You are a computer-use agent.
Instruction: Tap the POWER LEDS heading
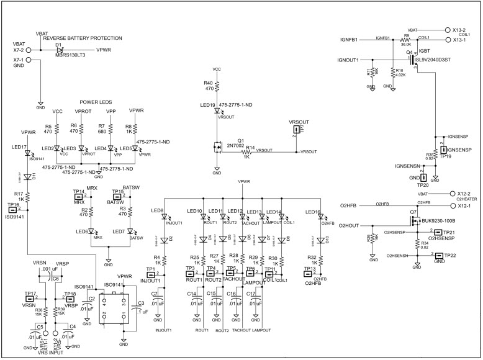tap(95, 102)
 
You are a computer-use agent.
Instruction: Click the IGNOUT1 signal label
tap(348, 60)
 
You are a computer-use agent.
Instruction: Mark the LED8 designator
tap(158, 211)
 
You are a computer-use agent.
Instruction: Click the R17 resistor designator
tap(19, 194)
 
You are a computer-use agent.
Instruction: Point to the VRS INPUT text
tap(51, 353)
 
